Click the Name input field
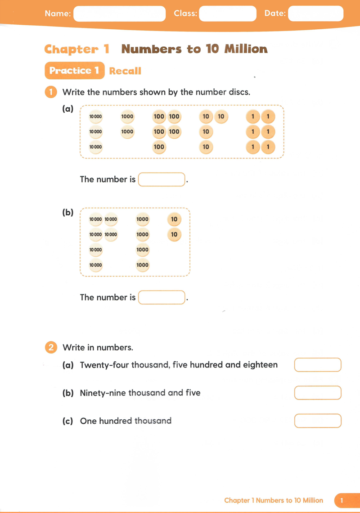(x=119, y=14)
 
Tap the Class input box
(x=227, y=14)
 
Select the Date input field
(x=315, y=14)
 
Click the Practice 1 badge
(x=74, y=71)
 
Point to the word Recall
(x=125, y=71)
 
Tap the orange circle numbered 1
(x=51, y=92)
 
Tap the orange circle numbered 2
(x=51, y=348)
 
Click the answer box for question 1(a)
(x=162, y=179)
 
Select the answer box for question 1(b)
(x=162, y=297)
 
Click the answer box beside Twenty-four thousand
(x=318, y=365)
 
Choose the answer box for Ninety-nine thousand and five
(x=318, y=393)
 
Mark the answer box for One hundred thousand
(x=318, y=421)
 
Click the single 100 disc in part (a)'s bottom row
(x=159, y=147)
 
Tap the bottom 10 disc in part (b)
(x=174, y=235)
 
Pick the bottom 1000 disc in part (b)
(x=142, y=265)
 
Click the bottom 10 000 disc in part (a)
(x=96, y=147)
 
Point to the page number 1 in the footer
(x=342, y=500)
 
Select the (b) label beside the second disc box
(x=67, y=213)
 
